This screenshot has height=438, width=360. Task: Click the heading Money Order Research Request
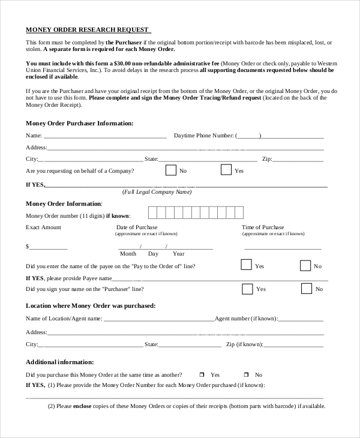(x=88, y=29)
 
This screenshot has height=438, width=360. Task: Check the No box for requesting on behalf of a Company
(x=171, y=170)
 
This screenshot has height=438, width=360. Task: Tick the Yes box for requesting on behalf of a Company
(x=226, y=170)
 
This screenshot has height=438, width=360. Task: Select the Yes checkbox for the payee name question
(x=246, y=265)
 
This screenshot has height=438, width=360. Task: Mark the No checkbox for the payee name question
(x=305, y=265)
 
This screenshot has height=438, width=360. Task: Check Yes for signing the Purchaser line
(x=247, y=289)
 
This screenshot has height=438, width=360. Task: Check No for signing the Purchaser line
(x=307, y=289)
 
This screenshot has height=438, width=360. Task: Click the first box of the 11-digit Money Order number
(x=152, y=213)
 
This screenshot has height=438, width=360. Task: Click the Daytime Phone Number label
(x=203, y=136)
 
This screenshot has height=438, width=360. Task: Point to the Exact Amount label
(x=43, y=227)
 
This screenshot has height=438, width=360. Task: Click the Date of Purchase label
(x=137, y=227)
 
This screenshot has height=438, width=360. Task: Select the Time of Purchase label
(x=263, y=227)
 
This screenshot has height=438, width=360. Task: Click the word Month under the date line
(x=128, y=254)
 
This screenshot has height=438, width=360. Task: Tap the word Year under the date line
(x=178, y=254)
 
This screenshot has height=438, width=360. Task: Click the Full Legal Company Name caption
(x=157, y=192)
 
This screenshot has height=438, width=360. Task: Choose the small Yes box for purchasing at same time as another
(x=202, y=374)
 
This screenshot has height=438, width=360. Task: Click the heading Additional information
(x=60, y=362)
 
